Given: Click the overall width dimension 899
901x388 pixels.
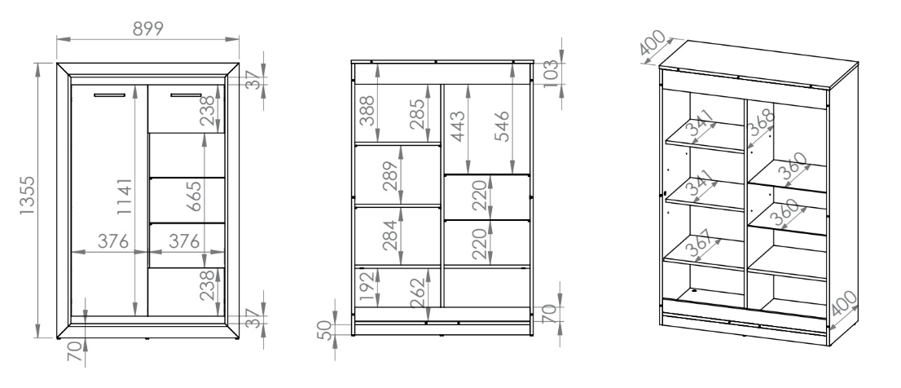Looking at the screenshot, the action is (148, 29).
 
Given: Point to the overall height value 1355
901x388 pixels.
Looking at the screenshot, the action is (27, 196).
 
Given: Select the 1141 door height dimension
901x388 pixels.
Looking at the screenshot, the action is (124, 196).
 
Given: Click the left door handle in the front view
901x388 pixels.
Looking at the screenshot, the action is (109, 95).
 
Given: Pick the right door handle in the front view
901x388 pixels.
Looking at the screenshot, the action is (186, 95).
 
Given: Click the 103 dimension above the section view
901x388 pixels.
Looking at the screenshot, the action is (550, 73).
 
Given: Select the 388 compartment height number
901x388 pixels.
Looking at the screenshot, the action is (367, 110).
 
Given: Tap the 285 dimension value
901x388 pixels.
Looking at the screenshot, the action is (418, 114).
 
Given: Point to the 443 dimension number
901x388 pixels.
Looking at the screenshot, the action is (457, 126).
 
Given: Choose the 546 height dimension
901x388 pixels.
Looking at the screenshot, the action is (501, 126).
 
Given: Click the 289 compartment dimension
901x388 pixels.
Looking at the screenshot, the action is (390, 175).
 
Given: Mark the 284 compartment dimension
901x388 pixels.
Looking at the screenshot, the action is (390, 236).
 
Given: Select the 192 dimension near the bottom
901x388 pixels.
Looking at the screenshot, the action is (367, 286).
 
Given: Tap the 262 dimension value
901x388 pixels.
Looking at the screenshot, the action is (418, 293).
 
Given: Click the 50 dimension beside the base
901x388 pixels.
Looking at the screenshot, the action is (325, 330).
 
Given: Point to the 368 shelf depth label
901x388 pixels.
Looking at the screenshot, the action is (762, 122).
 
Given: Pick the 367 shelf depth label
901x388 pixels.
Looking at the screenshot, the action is (699, 243).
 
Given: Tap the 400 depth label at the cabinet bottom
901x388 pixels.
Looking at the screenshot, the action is (844, 303).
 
